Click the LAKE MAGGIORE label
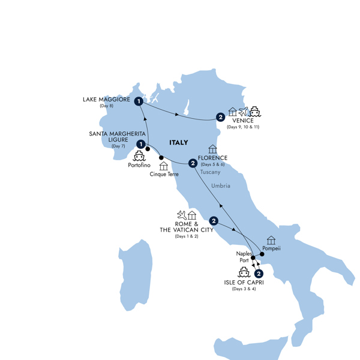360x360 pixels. (x=106, y=100)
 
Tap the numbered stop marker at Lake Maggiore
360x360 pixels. (x=139, y=101)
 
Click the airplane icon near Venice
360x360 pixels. (x=243, y=111)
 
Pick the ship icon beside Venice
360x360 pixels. (x=254, y=111)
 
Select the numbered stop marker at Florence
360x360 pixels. (x=192, y=163)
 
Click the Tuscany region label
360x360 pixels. (x=211, y=172)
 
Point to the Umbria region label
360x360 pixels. (x=238, y=186)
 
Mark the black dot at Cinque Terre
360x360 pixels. (x=161, y=158)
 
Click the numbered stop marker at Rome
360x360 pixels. (x=214, y=220)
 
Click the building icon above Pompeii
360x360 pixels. (x=271, y=240)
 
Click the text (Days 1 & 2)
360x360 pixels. (x=186, y=236)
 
